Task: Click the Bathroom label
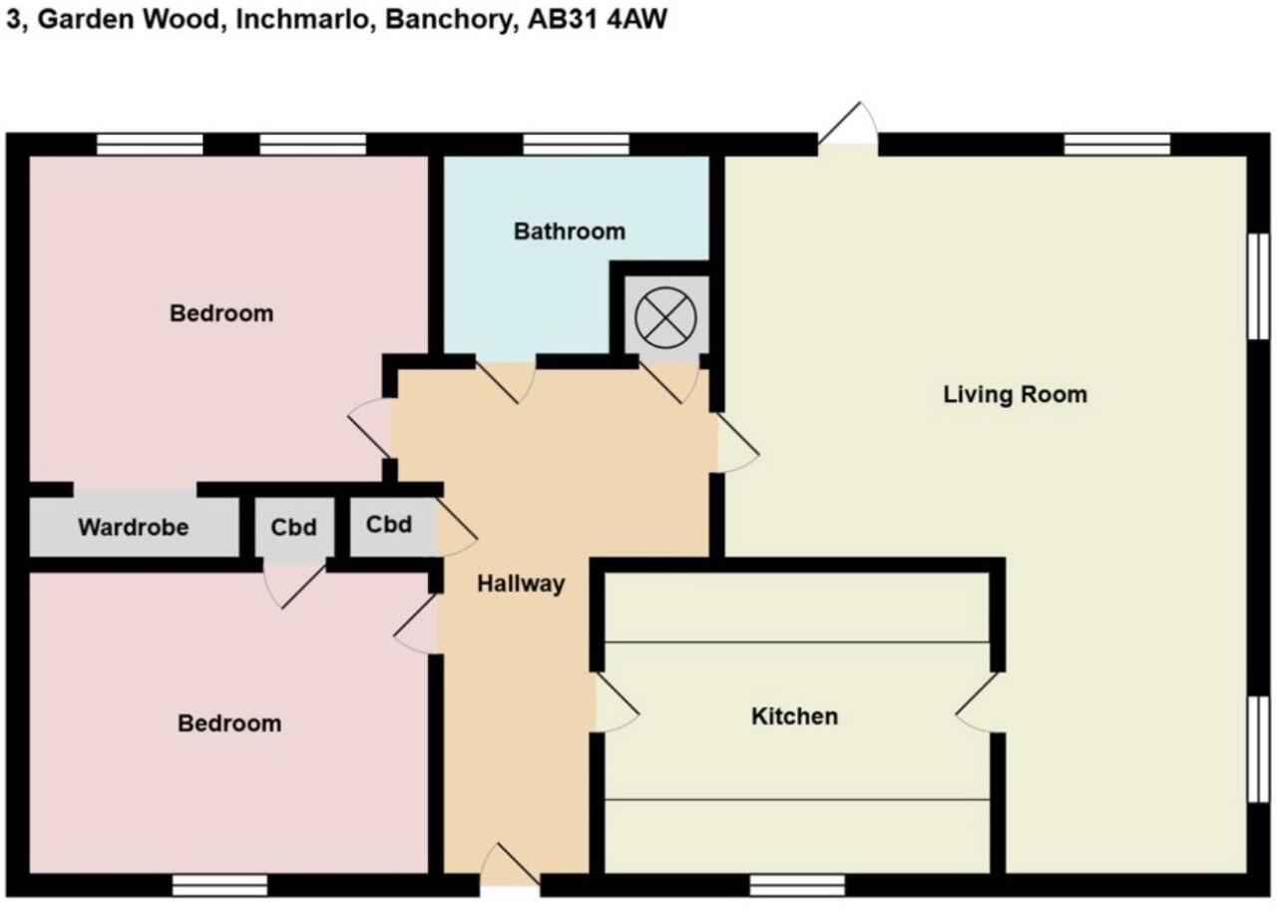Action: [x=569, y=231]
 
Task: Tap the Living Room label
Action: [x=1015, y=394]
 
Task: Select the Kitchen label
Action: [x=794, y=716]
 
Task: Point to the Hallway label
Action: [x=521, y=584]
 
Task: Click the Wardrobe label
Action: [x=133, y=527]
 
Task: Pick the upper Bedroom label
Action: [x=220, y=313]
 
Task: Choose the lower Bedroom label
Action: [x=228, y=723]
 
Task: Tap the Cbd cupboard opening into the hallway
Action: [x=389, y=525]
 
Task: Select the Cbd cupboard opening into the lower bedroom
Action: [x=294, y=526]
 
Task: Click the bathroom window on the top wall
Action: [x=576, y=145]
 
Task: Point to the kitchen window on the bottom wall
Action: [x=796, y=885]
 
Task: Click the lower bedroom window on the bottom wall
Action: [x=219, y=885]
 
